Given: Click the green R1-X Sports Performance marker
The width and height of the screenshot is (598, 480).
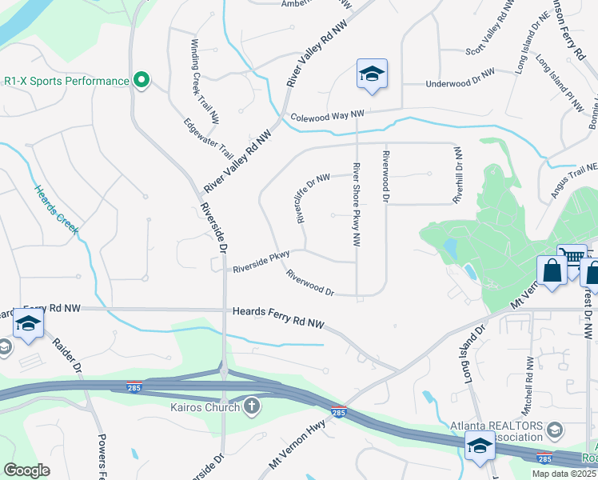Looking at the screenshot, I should click(142, 81).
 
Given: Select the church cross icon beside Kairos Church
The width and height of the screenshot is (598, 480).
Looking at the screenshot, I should click(252, 407).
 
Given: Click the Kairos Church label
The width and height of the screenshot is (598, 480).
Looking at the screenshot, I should click(205, 408).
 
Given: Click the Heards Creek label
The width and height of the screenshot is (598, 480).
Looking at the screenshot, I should click(55, 209).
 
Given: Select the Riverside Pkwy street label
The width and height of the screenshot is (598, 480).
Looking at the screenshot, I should click(261, 262).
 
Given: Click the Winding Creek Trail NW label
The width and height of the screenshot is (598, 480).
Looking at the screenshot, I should click(205, 82).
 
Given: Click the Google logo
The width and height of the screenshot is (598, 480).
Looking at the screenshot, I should click(26, 470).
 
